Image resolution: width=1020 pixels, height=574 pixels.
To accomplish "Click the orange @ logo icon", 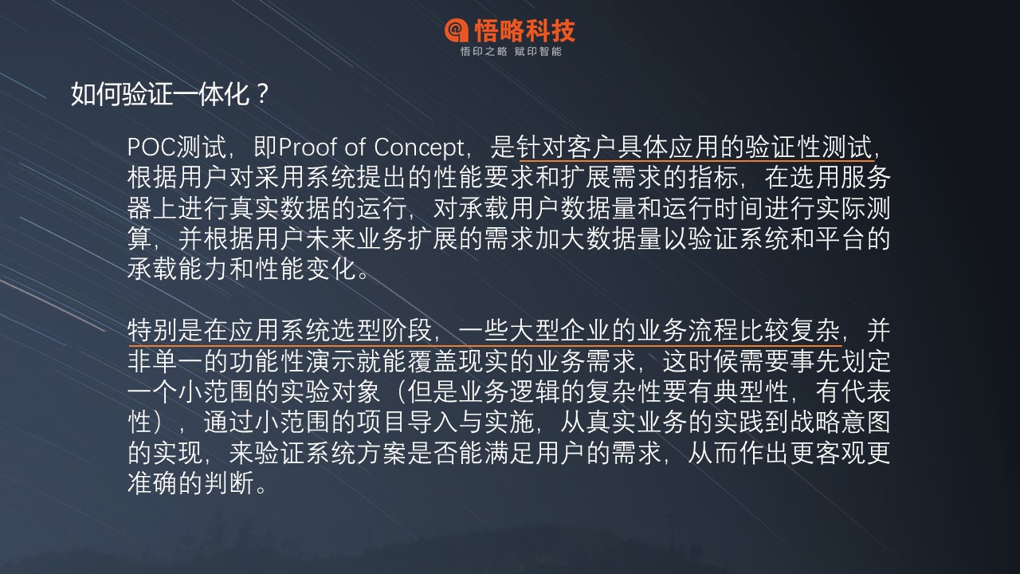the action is [x=457, y=30].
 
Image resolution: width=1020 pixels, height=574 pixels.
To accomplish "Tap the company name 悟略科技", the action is [x=525, y=30].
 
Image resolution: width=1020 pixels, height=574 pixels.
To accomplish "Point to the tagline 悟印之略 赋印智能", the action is [x=511, y=52].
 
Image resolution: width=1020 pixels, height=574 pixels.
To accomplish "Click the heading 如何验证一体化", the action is [x=160, y=94].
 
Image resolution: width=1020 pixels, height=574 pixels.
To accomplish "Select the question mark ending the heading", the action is [x=262, y=93].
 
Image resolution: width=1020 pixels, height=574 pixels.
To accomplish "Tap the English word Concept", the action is [x=418, y=147].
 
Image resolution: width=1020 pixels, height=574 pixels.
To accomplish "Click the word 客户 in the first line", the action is [x=592, y=147].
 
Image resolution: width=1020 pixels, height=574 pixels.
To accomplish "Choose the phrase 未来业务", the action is [x=356, y=238].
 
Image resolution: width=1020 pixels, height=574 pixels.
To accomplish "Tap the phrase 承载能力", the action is [x=178, y=269].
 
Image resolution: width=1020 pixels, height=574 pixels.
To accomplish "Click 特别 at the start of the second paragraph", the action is [x=153, y=330].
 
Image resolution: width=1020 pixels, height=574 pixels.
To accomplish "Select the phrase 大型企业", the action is [x=560, y=330].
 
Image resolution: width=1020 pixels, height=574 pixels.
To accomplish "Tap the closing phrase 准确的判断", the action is [x=190, y=483].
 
